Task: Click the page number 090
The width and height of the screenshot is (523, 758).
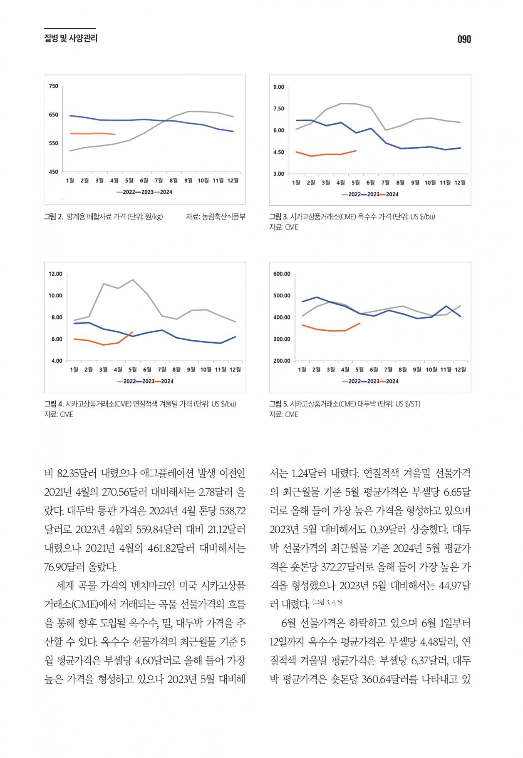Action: [x=464, y=39]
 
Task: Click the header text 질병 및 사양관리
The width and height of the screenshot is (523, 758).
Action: [x=71, y=39]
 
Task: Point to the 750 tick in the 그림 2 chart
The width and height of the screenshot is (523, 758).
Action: [x=54, y=86]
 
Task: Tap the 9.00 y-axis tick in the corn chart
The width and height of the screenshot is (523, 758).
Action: [x=279, y=87]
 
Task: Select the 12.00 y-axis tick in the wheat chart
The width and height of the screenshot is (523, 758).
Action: [x=55, y=274]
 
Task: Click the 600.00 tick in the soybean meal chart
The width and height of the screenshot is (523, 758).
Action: [x=282, y=274]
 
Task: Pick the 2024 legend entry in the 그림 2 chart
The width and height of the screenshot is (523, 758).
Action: [x=163, y=192]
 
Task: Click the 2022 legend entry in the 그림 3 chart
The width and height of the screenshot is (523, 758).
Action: [x=351, y=194]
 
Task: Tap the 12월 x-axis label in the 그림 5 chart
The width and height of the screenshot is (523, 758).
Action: [x=460, y=369]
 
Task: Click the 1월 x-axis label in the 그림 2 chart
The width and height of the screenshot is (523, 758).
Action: [x=70, y=180]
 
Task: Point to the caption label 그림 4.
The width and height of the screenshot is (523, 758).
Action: [x=54, y=404]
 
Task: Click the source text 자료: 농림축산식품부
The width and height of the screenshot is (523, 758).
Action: [x=216, y=217]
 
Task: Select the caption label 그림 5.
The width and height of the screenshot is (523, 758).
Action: [x=279, y=404]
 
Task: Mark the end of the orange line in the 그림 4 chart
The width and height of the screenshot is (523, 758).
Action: [x=133, y=332]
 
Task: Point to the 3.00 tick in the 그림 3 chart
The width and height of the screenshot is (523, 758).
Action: [x=279, y=174]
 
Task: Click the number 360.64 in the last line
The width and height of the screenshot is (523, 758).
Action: [x=377, y=679]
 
